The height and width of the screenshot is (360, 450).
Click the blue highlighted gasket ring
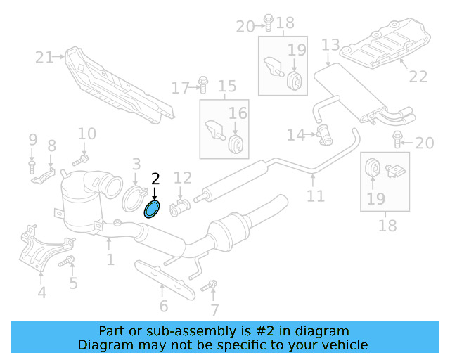tap(152, 209)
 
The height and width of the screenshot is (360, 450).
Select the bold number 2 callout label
tap(155, 179)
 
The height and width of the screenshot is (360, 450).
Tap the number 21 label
tap(44, 57)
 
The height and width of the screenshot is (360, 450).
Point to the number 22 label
tap(418, 77)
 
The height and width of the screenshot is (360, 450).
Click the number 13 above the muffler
tap(330, 47)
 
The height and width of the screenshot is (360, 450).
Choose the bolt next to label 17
tap(202, 84)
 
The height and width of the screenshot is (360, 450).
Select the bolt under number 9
tap(32, 166)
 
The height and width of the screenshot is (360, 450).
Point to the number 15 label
tap(227, 87)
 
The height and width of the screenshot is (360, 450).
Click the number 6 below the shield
tap(163, 306)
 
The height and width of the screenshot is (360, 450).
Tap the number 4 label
tap(41, 292)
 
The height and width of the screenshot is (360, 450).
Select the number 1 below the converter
tap(110, 260)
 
